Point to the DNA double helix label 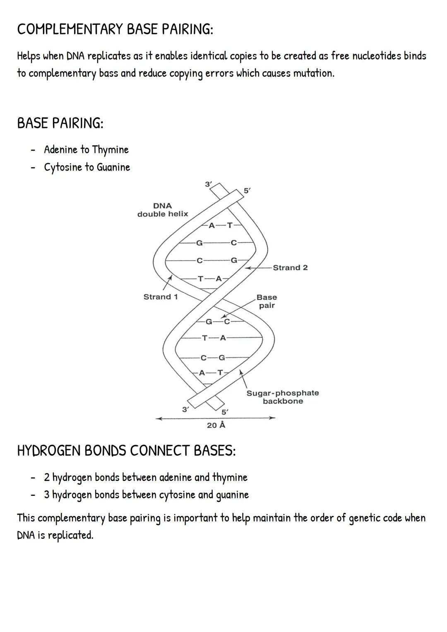(163, 210)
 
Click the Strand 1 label (161, 297)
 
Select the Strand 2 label (290, 268)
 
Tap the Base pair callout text (267, 301)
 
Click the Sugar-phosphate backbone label (283, 397)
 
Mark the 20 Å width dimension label (216, 425)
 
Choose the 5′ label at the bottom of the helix (224, 412)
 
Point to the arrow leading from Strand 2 (259, 268)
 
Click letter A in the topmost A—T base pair (211, 226)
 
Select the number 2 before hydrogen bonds (47, 478)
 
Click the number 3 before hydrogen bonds (47, 495)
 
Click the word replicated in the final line (70, 535)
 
